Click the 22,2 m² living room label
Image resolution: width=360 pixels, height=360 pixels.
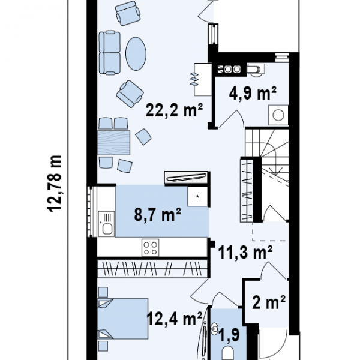(174, 110)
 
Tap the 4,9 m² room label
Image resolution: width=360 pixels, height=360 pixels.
(253, 93)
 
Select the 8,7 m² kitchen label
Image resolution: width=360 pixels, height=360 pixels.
(157, 215)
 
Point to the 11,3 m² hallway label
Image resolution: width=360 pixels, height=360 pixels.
(245, 252)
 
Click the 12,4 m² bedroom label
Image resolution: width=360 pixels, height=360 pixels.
(174, 319)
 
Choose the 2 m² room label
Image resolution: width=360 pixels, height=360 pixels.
(269, 302)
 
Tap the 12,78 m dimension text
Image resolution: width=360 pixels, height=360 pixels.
(55, 184)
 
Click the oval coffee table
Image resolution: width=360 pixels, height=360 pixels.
(136, 54)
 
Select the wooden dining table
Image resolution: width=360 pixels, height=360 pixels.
(113, 143)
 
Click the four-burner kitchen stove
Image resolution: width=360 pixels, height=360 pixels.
(151, 247)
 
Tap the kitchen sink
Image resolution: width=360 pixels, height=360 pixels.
(106, 224)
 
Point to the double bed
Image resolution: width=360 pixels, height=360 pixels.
(123, 319)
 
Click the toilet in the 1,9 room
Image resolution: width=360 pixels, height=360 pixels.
(228, 353)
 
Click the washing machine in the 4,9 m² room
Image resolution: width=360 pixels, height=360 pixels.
(278, 115)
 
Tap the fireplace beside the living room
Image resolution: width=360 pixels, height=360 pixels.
(203, 79)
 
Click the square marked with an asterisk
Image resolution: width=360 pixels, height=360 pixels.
(197, 196)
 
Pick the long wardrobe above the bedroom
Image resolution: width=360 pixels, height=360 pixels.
(152, 269)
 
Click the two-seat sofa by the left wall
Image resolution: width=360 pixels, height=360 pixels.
(110, 53)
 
